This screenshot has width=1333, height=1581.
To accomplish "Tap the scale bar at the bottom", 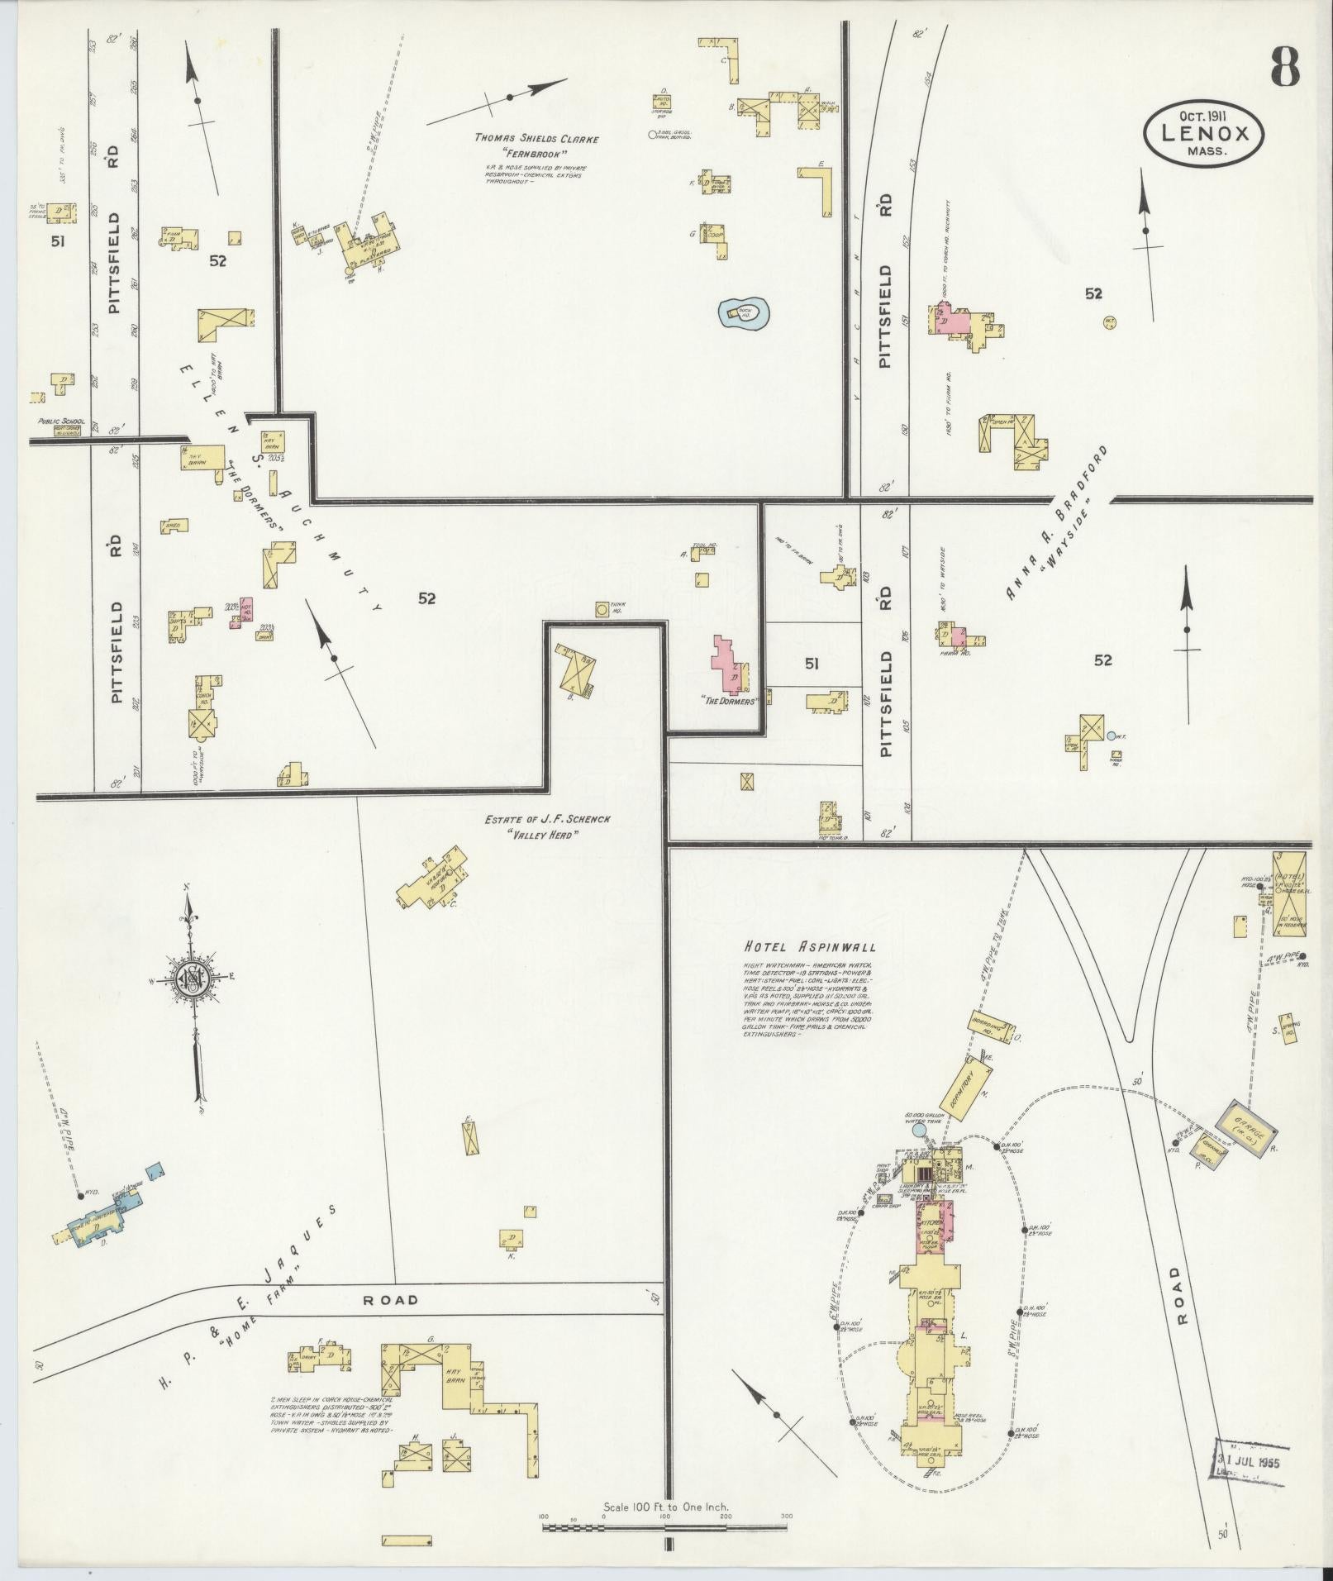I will pos(665,1526).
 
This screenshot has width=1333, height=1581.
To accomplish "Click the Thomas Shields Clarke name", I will pos(536,139).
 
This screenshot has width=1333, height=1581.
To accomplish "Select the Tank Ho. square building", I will pos(602,609).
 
